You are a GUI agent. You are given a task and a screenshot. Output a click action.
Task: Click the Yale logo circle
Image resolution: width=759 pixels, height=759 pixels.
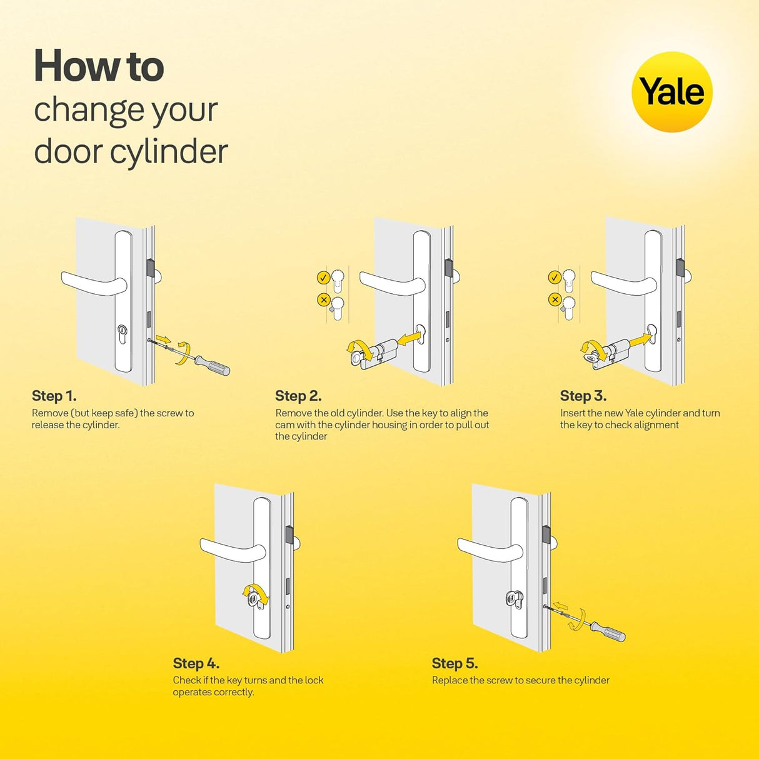click(x=672, y=92)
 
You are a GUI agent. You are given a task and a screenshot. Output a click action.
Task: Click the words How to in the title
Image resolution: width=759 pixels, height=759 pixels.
click(x=99, y=66)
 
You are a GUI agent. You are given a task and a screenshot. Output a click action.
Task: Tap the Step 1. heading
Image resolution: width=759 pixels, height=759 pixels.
click(x=54, y=396)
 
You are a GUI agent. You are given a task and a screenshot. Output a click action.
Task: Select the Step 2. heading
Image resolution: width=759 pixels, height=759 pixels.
click(x=298, y=396)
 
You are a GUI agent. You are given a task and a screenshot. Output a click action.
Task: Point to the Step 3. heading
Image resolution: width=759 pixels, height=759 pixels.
click(x=583, y=396)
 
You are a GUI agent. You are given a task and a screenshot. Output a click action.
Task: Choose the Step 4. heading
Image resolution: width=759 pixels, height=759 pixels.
click(x=196, y=663)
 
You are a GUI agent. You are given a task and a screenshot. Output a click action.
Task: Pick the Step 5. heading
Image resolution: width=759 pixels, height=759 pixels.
click(x=455, y=663)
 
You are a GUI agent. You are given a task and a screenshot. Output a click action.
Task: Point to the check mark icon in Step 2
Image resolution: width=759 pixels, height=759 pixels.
click(x=323, y=278)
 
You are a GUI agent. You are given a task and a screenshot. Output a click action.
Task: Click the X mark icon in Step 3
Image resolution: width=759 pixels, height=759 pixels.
click(x=554, y=299)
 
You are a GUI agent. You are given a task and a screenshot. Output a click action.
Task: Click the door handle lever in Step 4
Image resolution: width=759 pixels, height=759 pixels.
click(x=231, y=550)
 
